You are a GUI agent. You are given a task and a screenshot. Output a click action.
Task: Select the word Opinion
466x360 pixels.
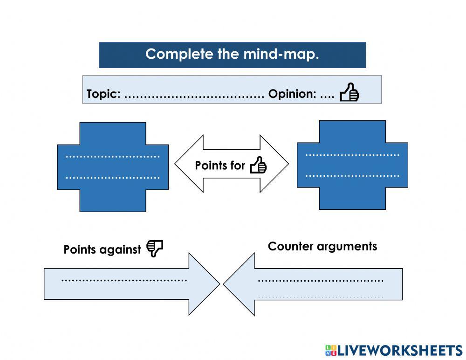pos(292,94)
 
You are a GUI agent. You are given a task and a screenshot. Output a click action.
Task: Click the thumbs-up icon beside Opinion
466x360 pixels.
pos(349,92)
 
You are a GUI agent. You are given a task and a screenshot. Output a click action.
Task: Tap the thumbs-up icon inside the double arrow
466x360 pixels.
pos(258,165)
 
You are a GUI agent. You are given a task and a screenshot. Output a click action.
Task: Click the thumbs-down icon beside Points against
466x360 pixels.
pos(155,249)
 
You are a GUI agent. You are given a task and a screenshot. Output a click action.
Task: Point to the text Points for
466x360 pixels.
pos(219,166)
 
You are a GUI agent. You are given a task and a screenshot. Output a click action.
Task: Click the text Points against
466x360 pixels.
pos(102,250)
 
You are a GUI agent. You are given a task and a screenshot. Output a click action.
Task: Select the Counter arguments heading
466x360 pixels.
pos(322,246)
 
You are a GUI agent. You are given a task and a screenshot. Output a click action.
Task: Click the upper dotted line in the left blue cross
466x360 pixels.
pos(113,157)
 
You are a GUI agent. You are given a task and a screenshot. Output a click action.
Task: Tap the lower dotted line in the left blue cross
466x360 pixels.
pos(113,178)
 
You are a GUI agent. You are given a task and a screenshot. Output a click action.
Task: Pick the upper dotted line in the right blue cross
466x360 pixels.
pos(352,155)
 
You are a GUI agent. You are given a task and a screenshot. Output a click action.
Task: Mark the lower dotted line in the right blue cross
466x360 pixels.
pos(352,176)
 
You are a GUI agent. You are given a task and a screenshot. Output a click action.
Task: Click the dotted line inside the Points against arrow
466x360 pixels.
pos(124,280)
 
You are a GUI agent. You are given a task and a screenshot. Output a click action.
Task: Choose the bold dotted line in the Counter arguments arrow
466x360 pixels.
pos(321,281)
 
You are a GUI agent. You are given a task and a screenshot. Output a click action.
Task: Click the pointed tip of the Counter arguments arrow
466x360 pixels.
pos(225,284)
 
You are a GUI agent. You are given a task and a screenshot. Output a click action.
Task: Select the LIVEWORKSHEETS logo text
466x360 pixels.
pos(399,351)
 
